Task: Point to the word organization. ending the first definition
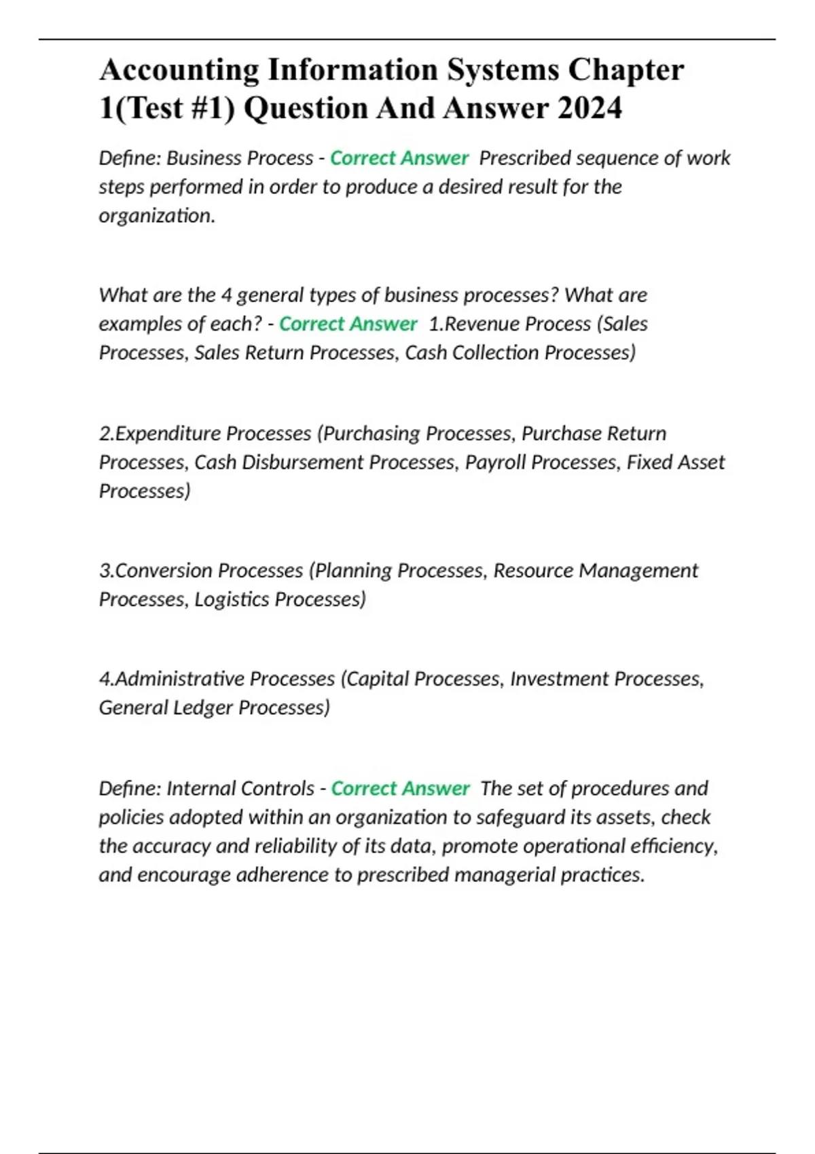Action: (157, 216)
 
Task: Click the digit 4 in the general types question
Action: (227, 295)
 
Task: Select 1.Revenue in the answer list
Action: (475, 324)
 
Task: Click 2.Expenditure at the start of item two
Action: (159, 433)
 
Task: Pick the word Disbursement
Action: (303, 462)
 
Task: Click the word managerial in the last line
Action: (504, 875)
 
